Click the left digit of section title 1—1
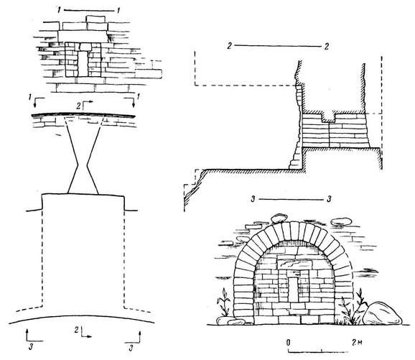(x=60, y=10)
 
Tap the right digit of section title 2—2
(x=327, y=47)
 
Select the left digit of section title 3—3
(x=253, y=199)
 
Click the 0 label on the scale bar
(x=288, y=343)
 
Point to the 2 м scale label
(x=357, y=343)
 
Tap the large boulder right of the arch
(x=382, y=313)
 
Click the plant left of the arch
(x=223, y=302)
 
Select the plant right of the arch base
(x=352, y=308)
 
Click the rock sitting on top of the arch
(x=279, y=218)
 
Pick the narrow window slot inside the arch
(x=294, y=290)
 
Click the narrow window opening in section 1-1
(x=83, y=63)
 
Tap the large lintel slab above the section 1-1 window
(x=83, y=36)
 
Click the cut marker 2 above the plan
(x=85, y=106)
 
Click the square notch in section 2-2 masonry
(x=328, y=117)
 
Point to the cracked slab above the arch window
(x=294, y=264)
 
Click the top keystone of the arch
(x=294, y=231)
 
